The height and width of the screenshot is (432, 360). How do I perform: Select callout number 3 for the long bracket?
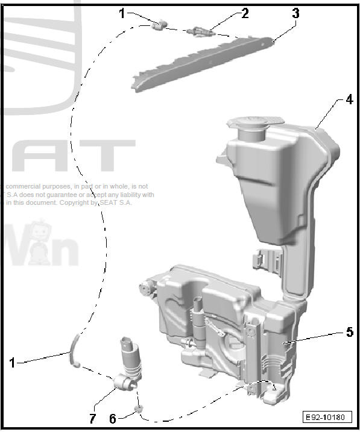click(x=295, y=13)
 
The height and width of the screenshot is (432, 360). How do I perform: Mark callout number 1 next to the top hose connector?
click(x=122, y=13)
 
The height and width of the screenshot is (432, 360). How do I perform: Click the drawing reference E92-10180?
click(x=326, y=417)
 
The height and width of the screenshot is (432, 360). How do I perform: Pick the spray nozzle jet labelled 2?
click(x=200, y=30)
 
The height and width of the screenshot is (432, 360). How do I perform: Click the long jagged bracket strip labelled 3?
click(x=205, y=61)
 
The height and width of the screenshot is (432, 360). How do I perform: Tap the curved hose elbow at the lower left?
click(x=74, y=350)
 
